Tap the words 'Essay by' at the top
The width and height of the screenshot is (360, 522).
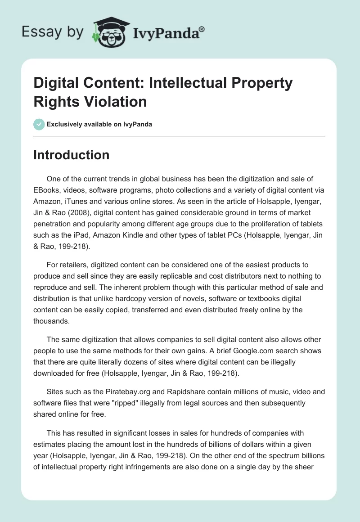(52, 32)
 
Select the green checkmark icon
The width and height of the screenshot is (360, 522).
(39, 124)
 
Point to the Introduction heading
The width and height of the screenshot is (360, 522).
(72, 155)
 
